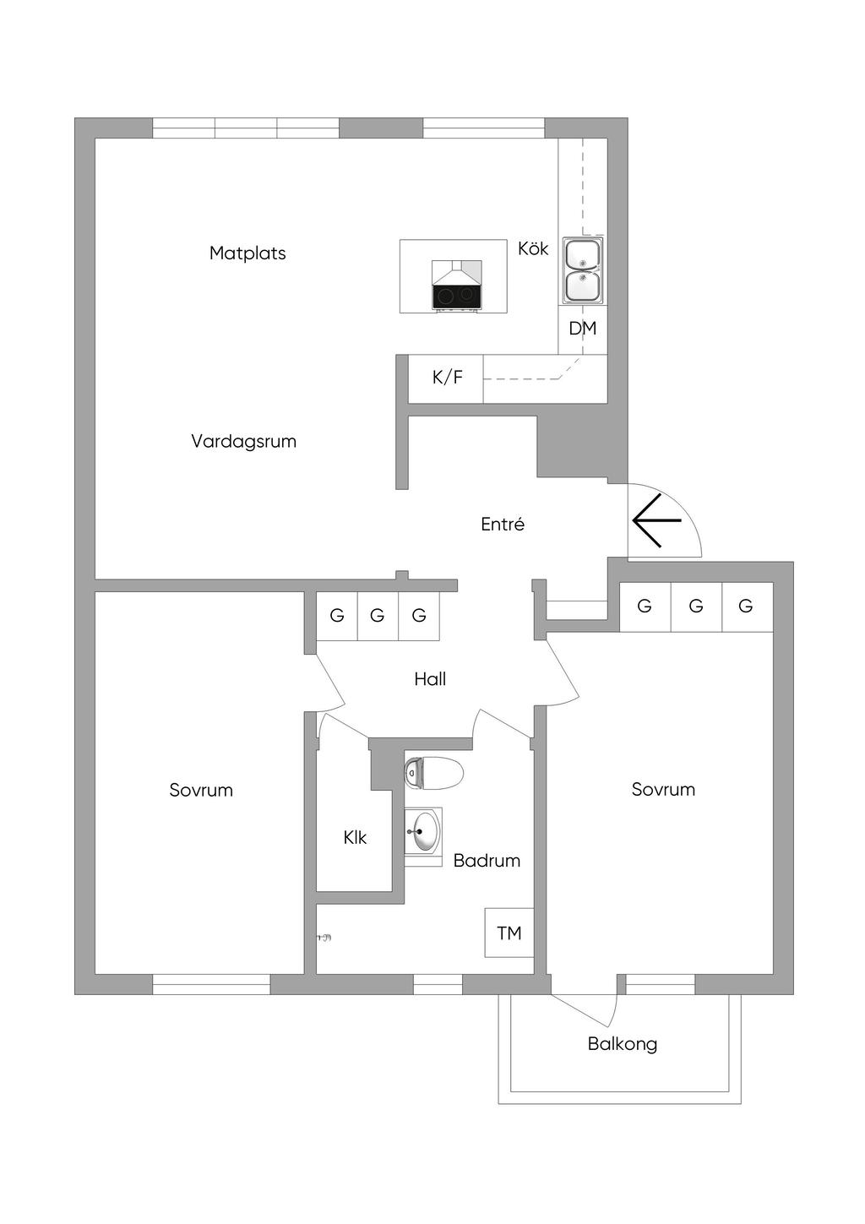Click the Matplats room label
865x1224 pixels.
tap(248, 253)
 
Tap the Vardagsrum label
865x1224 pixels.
tap(243, 441)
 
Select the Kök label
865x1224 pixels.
tap(533, 248)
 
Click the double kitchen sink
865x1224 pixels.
tap(582, 270)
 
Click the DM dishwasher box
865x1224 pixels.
tap(582, 329)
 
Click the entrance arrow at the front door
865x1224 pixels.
tap(656, 521)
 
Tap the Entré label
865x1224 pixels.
tap(503, 525)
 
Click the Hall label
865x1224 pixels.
tap(430, 679)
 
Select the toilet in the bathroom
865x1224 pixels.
tap(434, 773)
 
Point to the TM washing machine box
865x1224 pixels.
tap(509, 933)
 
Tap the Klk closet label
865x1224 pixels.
tap(355, 838)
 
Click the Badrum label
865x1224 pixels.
tap(487, 861)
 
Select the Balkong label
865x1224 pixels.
tap(623, 1044)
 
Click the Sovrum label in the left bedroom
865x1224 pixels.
tap(201, 791)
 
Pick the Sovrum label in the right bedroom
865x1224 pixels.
tap(663, 790)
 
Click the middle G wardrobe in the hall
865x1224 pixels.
tap(378, 616)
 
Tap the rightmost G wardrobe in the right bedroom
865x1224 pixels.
tap(746, 607)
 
